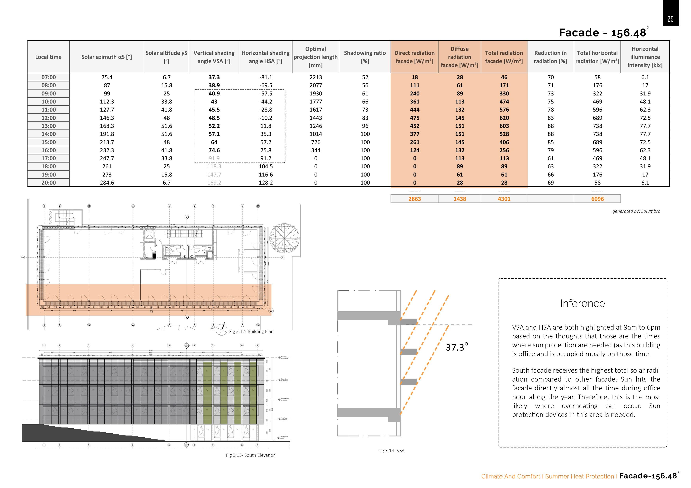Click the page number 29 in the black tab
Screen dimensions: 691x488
tap(670, 19)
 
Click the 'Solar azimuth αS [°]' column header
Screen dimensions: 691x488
tap(107, 57)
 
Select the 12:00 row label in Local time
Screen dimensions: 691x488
tap(48, 118)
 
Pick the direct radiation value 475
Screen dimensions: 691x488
tap(414, 118)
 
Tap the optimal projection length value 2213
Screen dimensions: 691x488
tap(315, 77)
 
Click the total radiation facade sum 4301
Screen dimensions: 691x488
tap(504, 199)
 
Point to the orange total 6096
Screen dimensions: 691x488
tap(597, 199)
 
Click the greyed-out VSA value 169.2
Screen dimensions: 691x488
tap(214, 183)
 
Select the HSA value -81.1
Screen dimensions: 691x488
tap(266, 77)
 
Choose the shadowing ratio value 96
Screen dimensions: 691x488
tap(365, 126)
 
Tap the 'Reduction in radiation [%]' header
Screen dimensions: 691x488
tap(550, 57)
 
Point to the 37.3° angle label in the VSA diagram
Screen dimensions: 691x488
tap(457, 347)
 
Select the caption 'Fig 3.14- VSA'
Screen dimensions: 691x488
tap(391, 450)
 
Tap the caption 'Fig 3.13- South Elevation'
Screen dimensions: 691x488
tap(251, 455)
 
